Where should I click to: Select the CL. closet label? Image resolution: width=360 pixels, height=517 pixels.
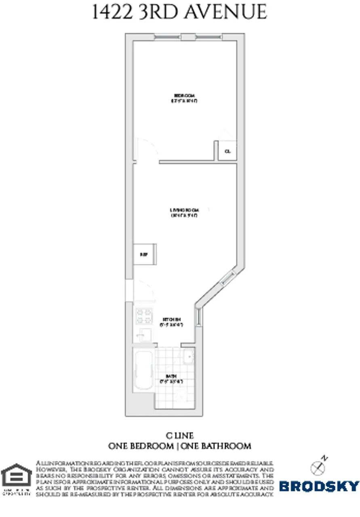[x=227, y=151]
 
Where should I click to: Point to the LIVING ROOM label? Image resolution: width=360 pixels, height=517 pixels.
[x=184, y=210]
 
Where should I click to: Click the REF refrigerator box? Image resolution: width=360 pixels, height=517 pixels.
[x=143, y=254]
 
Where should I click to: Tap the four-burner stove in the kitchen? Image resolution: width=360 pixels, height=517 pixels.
[x=143, y=316]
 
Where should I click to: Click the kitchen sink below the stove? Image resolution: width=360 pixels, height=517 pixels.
[x=143, y=335]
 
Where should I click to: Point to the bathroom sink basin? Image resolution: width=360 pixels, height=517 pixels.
[x=188, y=356]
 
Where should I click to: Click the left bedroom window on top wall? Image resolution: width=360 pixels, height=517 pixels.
[x=168, y=37]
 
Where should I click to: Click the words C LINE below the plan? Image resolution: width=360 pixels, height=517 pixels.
[x=180, y=436]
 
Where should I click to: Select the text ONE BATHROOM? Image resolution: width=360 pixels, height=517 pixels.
[x=217, y=446]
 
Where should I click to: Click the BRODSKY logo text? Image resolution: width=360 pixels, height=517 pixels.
[x=319, y=486]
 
